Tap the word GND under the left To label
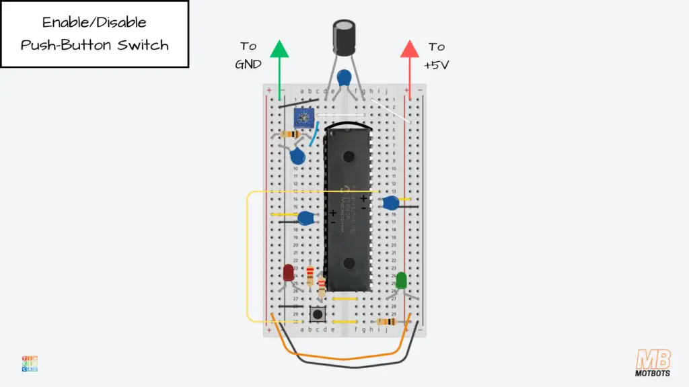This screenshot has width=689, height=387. (248, 64)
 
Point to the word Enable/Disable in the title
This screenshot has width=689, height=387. (94, 22)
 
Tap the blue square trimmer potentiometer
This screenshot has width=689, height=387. (303, 118)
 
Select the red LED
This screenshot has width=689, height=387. (288, 273)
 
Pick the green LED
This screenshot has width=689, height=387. (402, 280)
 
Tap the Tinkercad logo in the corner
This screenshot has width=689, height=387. (29, 363)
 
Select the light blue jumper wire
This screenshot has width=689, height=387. (313, 135)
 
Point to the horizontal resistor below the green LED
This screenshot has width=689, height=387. (386, 322)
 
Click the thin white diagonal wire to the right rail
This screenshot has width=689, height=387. (390, 111)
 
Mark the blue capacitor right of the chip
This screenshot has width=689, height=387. (389, 202)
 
